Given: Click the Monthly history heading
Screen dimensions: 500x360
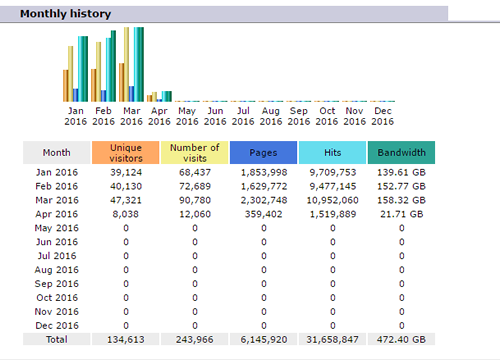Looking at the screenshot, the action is click(x=65, y=14).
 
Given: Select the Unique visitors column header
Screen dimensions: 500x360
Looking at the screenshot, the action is click(x=126, y=153).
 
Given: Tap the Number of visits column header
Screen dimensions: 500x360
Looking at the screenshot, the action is click(x=195, y=153).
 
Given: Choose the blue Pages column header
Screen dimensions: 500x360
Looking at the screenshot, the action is click(x=263, y=153).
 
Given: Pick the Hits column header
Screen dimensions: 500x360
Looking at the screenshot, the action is click(x=332, y=153).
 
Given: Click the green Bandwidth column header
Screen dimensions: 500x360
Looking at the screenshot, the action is click(x=401, y=153).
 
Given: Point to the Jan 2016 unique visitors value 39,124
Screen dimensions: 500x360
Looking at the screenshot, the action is click(x=126, y=172).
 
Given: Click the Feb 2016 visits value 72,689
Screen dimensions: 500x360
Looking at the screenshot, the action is click(x=195, y=186).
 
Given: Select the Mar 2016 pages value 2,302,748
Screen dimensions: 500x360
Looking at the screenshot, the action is click(x=264, y=200).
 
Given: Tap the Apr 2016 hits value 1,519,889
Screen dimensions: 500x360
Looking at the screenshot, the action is click(x=333, y=214).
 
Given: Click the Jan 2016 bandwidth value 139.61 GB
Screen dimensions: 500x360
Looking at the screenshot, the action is click(x=401, y=172).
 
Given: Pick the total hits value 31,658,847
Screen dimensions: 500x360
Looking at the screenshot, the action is click(x=333, y=340).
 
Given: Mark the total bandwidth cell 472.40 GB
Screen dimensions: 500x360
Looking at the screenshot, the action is click(x=401, y=340).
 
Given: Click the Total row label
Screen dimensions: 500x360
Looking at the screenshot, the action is click(x=57, y=340).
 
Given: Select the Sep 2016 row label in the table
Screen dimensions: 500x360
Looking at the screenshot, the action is click(x=57, y=284).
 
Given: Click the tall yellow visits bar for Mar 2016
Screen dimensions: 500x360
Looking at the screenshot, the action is click(x=126, y=64).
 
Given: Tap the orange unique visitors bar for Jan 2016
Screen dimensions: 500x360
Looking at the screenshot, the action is click(x=65, y=86).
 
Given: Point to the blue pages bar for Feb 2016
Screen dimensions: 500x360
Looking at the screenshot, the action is click(x=103, y=96).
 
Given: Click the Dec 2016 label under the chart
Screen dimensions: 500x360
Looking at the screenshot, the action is click(x=383, y=116).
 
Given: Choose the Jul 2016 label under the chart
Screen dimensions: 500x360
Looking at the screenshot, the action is click(x=243, y=116).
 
